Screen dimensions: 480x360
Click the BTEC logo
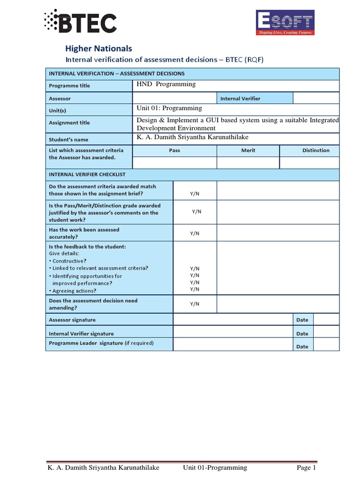click(x=80, y=22)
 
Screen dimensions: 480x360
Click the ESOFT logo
click(x=284, y=22)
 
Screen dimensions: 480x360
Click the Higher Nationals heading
click(x=98, y=48)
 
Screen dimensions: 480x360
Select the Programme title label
click(x=69, y=86)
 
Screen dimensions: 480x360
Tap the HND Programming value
click(x=166, y=84)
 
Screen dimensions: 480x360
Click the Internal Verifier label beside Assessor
click(x=240, y=98)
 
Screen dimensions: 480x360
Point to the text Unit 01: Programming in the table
click(x=169, y=108)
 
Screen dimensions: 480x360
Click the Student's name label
click(x=68, y=140)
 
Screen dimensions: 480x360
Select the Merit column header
click(x=248, y=150)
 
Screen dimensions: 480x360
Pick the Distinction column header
click(x=315, y=150)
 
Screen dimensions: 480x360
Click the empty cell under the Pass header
click(x=174, y=162)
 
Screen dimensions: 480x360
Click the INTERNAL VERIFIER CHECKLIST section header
click(x=87, y=174)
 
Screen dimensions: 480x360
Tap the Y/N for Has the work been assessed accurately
click(x=195, y=233)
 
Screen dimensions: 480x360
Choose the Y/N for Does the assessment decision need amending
click(x=195, y=304)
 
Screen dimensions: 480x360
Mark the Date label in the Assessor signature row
click(x=302, y=320)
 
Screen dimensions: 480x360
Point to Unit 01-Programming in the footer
click(x=215, y=468)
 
